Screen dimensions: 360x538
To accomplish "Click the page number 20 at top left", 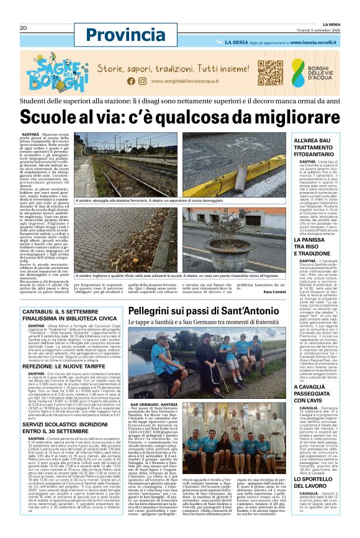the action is [x=23, y=28].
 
